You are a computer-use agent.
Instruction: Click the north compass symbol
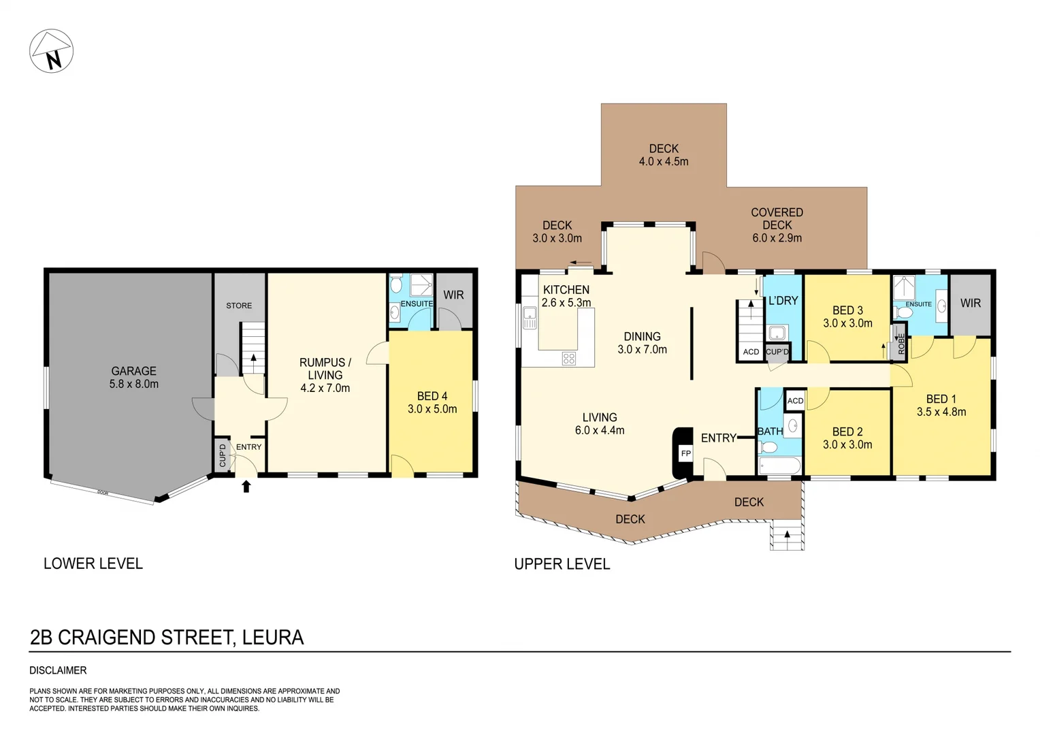[51, 51]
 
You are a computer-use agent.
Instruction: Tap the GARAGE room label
[133, 371]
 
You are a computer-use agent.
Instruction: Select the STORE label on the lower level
[239, 306]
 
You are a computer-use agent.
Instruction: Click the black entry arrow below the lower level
[246, 486]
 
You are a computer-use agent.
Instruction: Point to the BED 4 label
[432, 396]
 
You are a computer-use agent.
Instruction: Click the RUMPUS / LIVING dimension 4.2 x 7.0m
[325, 388]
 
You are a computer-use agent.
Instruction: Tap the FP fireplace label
[685, 453]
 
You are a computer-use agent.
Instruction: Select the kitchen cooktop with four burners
[569, 358]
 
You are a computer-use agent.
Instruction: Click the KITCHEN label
[566, 289]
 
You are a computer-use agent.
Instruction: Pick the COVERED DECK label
[777, 218]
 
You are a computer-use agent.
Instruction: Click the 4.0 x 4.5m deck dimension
[664, 161]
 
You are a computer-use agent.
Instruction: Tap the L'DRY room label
[783, 300]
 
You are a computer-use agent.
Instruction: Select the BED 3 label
[847, 310]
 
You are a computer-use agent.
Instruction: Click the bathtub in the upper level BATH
[780, 466]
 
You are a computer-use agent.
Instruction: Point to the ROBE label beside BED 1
[901, 343]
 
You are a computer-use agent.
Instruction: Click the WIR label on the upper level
[971, 303]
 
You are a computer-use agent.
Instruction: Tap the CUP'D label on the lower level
[223, 455]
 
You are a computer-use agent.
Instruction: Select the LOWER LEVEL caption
[93, 563]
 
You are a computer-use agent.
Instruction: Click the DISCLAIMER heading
[58, 670]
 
